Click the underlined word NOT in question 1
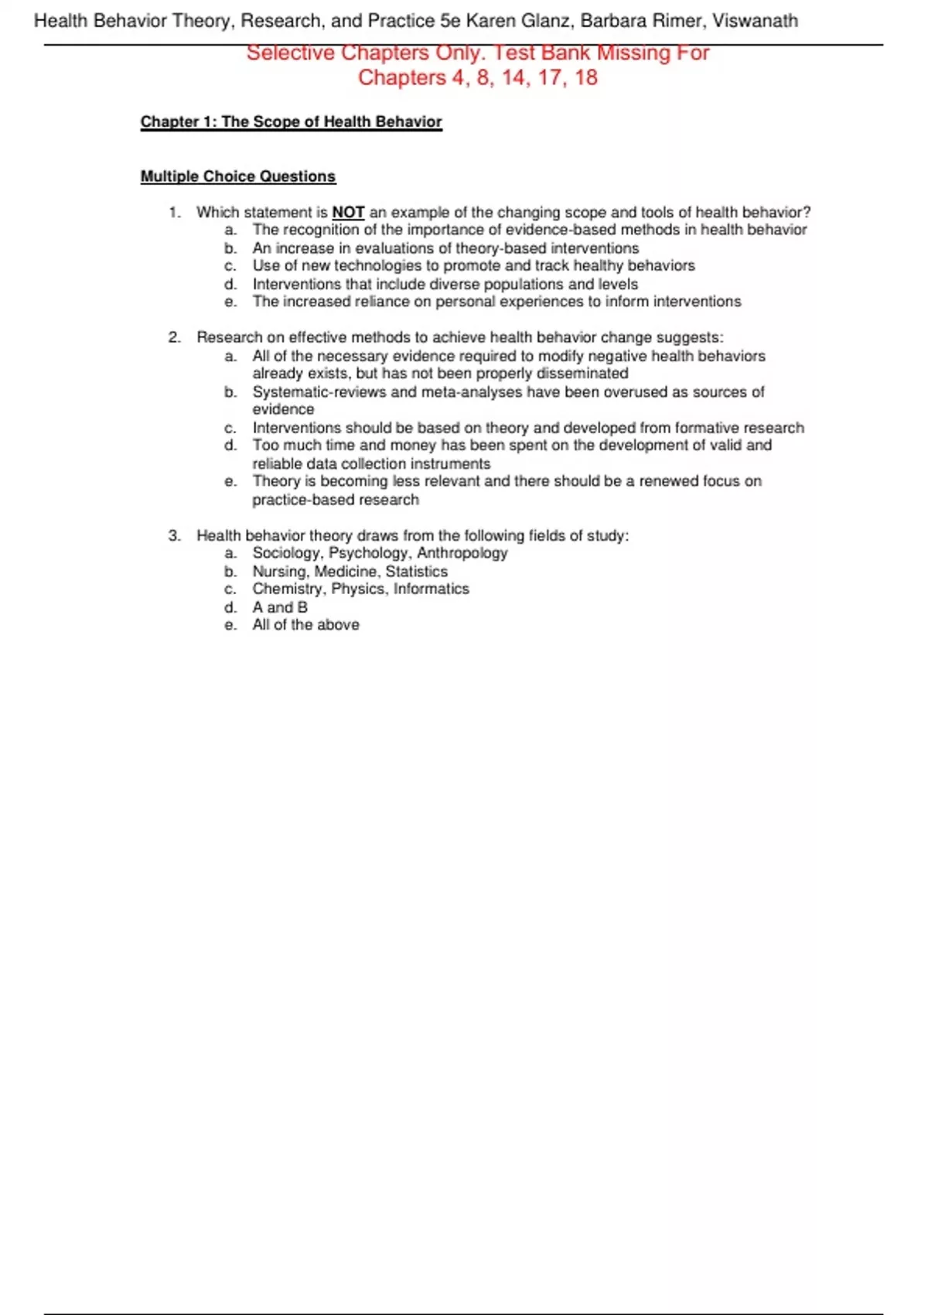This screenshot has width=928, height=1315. click(x=348, y=212)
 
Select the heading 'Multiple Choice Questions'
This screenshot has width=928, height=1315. click(x=237, y=176)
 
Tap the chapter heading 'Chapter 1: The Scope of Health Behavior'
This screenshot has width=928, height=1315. click(x=291, y=121)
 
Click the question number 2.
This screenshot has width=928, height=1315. click(x=174, y=337)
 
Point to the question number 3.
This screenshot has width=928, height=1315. click(x=174, y=535)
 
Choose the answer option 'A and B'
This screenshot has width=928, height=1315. click(x=279, y=607)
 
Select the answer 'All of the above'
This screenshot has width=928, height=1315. click(x=305, y=625)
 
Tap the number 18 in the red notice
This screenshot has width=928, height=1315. click(x=586, y=78)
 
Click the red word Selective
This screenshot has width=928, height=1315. click(x=291, y=53)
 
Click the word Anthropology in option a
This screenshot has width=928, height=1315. click(x=462, y=553)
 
